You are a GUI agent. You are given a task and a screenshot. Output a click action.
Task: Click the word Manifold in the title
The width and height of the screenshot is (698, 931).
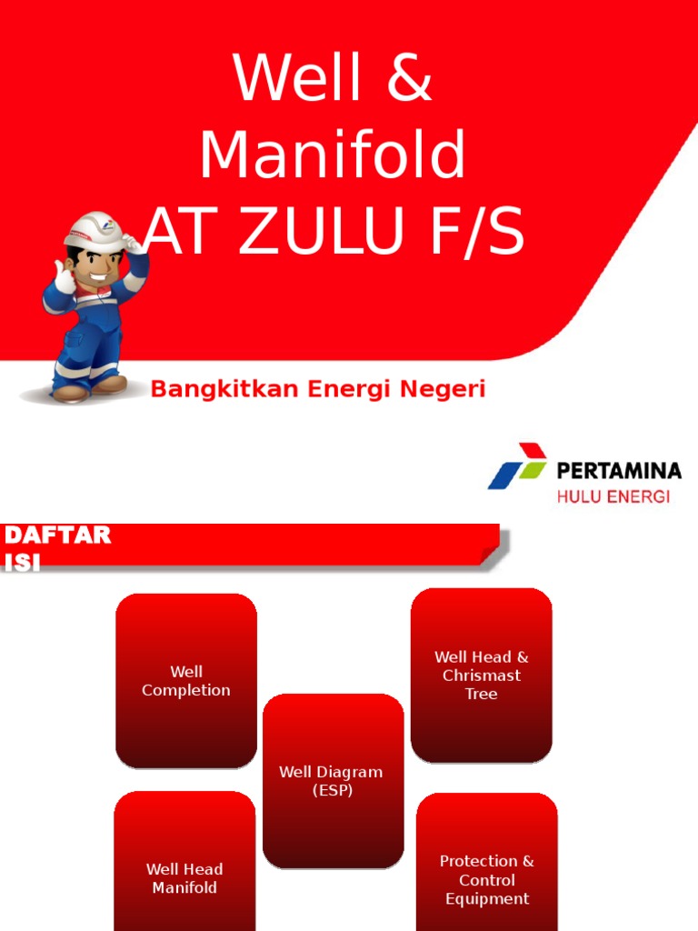tap(333, 155)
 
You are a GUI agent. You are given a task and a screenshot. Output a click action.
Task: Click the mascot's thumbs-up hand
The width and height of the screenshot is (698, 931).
tap(63, 276)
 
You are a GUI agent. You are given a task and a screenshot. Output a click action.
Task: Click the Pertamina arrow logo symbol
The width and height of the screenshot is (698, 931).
tap(517, 466)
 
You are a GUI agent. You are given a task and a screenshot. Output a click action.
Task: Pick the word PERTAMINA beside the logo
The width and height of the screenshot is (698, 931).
tap(619, 471)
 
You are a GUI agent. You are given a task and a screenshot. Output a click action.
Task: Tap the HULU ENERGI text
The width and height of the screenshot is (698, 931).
tap(613, 496)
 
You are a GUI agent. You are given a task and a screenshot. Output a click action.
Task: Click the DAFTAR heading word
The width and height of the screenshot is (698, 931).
tap(58, 536)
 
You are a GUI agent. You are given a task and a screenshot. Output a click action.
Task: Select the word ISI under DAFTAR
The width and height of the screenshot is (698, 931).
tap(24, 562)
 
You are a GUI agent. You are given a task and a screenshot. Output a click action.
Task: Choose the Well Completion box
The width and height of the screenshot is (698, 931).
tap(186, 681)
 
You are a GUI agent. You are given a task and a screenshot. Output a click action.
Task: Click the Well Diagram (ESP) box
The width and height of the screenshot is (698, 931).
tap(333, 780)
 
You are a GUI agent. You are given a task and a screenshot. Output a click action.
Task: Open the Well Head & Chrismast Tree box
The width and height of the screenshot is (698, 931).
tap(482, 675)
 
